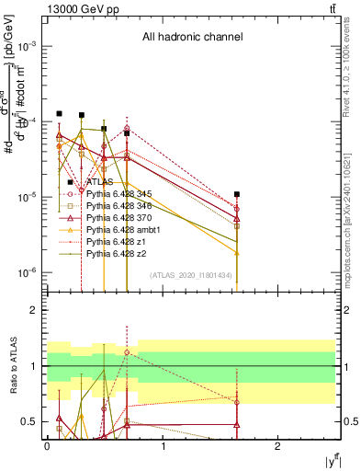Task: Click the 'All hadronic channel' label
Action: click(191, 38)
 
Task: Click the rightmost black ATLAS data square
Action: click(237, 194)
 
